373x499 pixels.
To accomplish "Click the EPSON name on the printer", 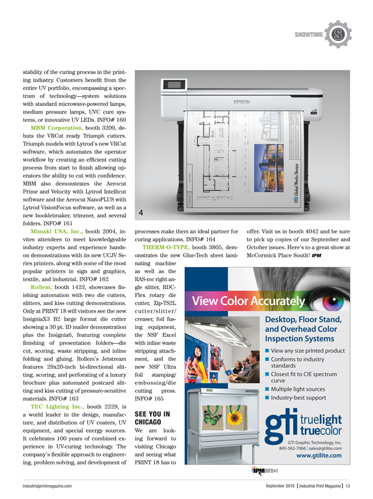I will [242, 102].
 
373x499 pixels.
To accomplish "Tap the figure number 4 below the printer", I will [142, 212].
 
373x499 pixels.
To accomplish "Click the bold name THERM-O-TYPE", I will [165, 247].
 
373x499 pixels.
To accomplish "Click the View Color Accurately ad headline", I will [248, 301].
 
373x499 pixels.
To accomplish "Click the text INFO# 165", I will [148, 399].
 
